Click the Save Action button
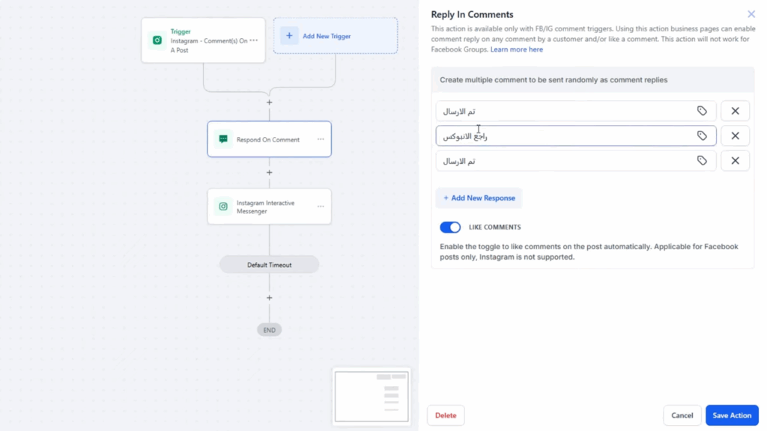pyautogui.click(x=732, y=415)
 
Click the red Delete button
pyautogui.click(x=446, y=415)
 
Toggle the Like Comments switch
pyautogui.click(x=450, y=227)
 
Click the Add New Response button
pyautogui.click(x=479, y=198)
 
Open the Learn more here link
pyautogui.click(x=517, y=49)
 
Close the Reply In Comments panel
pyautogui.click(x=751, y=14)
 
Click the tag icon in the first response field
pyautogui.click(x=702, y=111)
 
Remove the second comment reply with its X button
pyautogui.click(x=736, y=136)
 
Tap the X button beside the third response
pyautogui.click(x=736, y=161)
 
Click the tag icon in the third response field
pyautogui.click(x=702, y=161)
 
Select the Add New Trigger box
pyautogui.click(x=336, y=36)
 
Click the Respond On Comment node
pyautogui.click(x=269, y=139)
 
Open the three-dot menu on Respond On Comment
pyautogui.click(x=321, y=139)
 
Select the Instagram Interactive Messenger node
pyautogui.click(x=269, y=207)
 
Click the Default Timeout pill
pyautogui.click(x=269, y=265)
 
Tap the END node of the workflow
pyautogui.click(x=269, y=330)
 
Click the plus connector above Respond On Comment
pyautogui.click(x=269, y=102)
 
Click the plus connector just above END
pyautogui.click(x=269, y=298)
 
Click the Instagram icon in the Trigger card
pyautogui.click(x=157, y=40)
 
